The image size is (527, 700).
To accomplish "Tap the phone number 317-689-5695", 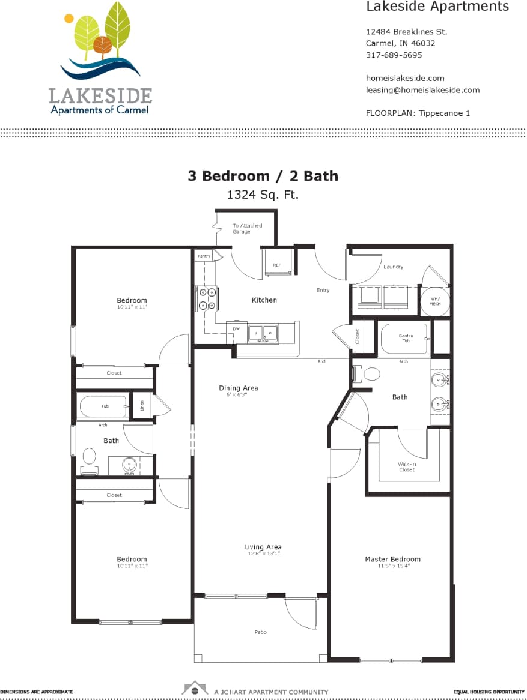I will click(394, 55).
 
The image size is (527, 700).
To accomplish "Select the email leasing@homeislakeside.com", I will click(422, 90).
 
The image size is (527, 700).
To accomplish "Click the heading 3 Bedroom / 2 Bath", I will click(263, 176).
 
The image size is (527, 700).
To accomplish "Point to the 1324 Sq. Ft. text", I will click(263, 195).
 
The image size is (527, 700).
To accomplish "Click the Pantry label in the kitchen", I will click(204, 256).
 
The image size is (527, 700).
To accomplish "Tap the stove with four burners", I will click(208, 298).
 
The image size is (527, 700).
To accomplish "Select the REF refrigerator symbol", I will click(277, 265).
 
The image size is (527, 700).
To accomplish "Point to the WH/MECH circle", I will click(434, 301).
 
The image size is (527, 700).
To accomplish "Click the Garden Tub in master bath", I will click(406, 339).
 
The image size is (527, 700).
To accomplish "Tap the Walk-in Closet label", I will click(407, 466).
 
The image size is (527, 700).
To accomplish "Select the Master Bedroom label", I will click(392, 559).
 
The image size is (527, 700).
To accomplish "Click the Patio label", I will click(260, 632).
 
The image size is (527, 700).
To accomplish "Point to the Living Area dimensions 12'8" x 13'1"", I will click(263, 554).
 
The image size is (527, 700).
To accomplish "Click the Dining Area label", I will click(239, 388).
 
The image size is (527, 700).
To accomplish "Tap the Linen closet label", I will click(142, 406).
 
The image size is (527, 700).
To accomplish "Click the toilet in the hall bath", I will click(90, 458).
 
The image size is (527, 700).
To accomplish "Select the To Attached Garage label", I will click(247, 228).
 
